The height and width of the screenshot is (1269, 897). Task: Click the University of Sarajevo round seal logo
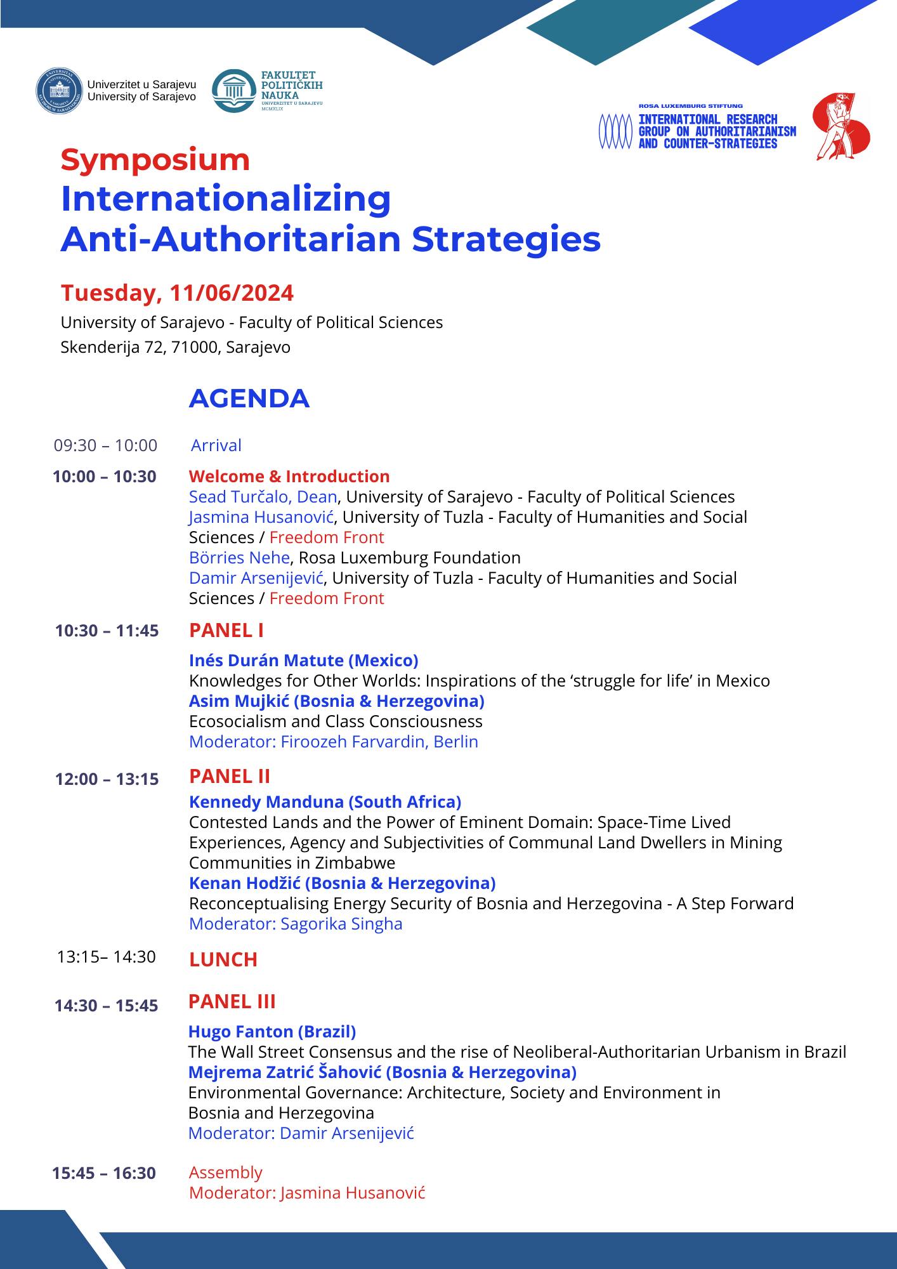[60, 91]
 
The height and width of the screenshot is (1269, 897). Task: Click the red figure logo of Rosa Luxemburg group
[841, 127]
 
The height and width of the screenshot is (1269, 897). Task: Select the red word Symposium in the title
[155, 159]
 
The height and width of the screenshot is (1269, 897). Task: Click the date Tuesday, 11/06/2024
[177, 293]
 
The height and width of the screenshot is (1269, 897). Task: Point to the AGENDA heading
[249, 398]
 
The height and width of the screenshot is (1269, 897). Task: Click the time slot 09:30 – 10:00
[105, 445]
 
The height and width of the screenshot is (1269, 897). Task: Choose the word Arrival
[216, 445]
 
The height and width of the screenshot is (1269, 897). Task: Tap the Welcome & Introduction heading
[289, 477]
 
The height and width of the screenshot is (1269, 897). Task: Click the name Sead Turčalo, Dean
[263, 497]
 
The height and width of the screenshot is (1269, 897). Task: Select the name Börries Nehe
[240, 558]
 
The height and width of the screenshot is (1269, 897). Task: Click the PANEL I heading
[226, 630]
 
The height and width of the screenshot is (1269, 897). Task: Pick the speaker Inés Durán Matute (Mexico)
[303, 661]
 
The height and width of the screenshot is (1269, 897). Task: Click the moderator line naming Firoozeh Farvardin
[334, 742]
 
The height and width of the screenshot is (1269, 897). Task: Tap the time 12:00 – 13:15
[107, 779]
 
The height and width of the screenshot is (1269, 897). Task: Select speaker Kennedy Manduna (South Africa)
[325, 802]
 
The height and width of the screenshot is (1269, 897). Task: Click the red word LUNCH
[223, 959]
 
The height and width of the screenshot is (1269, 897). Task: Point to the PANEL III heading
[232, 1001]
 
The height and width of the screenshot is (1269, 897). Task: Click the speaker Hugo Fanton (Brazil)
[272, 1032]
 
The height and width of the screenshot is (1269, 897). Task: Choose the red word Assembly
[226, 1173]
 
